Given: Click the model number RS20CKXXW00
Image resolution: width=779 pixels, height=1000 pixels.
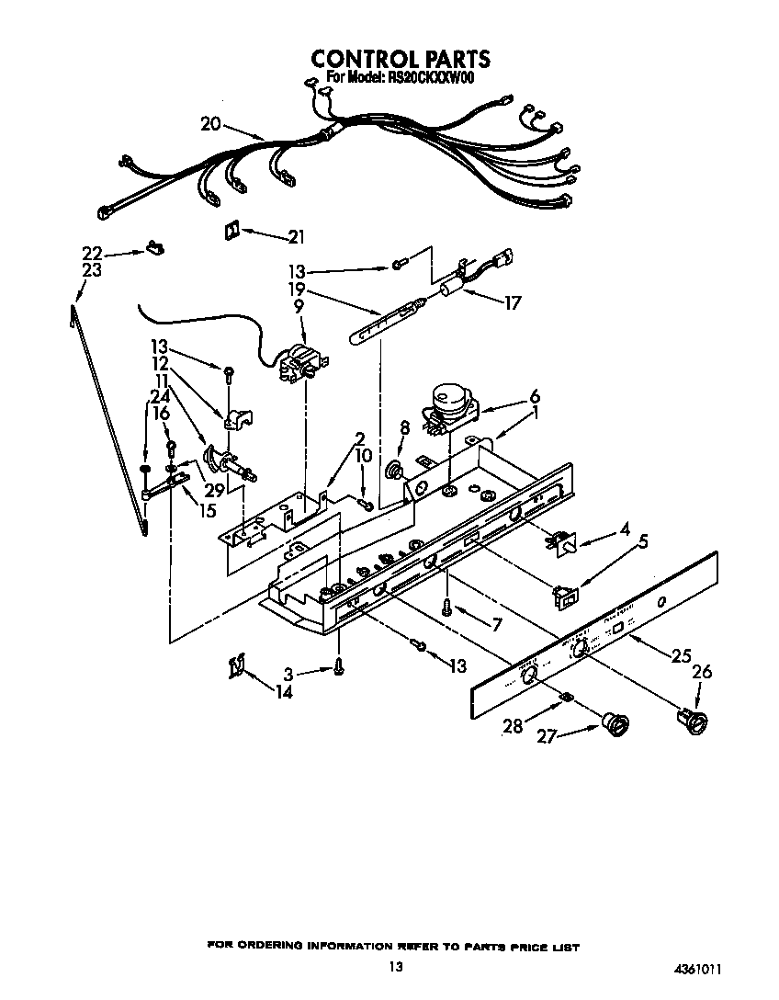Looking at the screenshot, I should tap(431, 78).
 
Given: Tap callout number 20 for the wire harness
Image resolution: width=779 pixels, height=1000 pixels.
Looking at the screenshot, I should tap(210, 124).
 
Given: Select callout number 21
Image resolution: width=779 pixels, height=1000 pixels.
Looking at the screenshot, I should tap(295, 237).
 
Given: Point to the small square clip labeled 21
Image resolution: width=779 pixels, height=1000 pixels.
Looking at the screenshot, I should tap(230, 231).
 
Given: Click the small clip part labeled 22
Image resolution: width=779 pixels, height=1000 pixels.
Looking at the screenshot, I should tap(153, 248).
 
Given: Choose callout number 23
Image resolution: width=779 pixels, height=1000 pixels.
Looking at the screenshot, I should tap(90, 271).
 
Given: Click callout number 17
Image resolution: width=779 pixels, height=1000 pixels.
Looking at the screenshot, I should tap(510, 301).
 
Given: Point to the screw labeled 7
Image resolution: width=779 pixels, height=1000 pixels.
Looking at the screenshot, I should tap(446, 607).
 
